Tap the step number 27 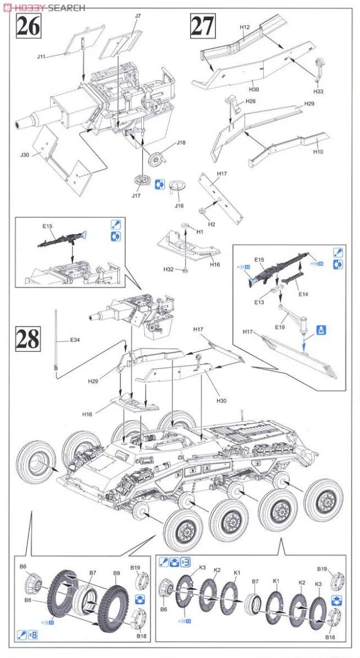(x=203, y=26)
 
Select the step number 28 (x=27, y=339)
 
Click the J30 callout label (x=25, y=154)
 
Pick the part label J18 (x=181, y=142)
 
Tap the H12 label (x=245, y=27)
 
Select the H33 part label (x=319, y=91)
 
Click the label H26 (x=251, y=101)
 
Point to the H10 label (x=318, y=151)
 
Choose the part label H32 (x=168, y=270)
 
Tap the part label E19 (x=280, y=326)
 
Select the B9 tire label (x=116, y=573)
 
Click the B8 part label (x=27, y=600)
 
